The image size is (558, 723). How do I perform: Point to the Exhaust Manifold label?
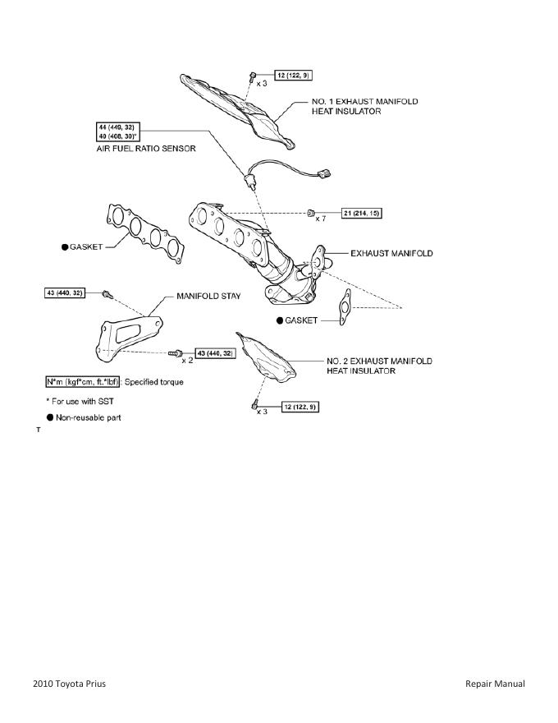[x=391, y=253]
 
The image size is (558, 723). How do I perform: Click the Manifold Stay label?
[x=208, y=296]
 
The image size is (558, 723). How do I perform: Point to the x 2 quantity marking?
[x=187, y=361]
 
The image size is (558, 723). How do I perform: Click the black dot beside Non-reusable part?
[x=50, y=417]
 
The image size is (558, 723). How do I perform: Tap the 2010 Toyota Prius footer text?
[x=70, y=684]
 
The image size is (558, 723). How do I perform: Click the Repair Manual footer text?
[x=494, y=684]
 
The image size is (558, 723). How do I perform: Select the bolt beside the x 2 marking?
[x=174, y=352]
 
